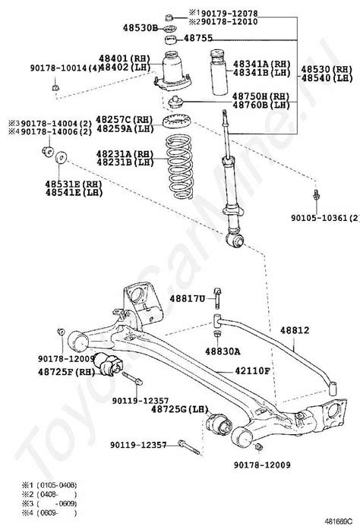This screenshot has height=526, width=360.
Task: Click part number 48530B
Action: (x=140, y=27)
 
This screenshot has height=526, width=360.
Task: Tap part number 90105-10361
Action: (x=324, y=217)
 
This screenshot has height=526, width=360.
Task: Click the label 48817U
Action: (x=187, y=299)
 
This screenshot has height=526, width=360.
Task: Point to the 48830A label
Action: (x=223, y=351)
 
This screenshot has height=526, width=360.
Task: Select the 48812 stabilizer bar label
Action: (x=300, y=330)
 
